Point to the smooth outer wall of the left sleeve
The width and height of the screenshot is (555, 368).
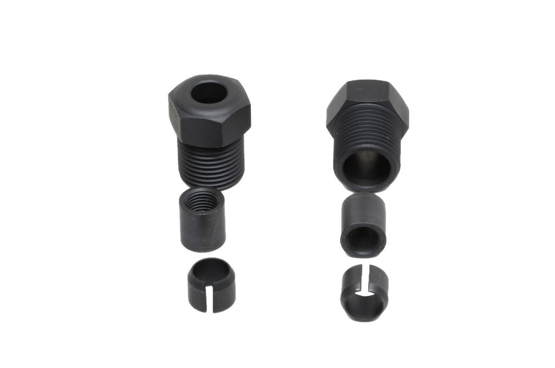click(x=202, y=233)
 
